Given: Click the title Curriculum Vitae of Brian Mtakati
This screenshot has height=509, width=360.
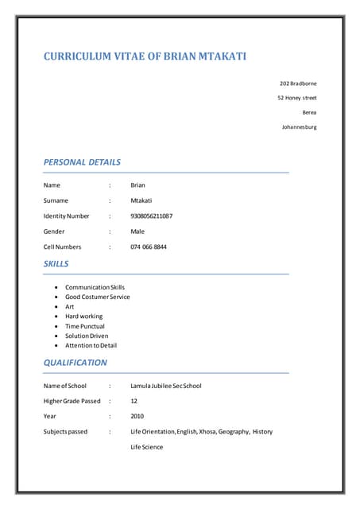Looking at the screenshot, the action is pos(144,56).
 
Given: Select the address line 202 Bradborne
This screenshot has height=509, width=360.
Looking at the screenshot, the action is pos(298,84).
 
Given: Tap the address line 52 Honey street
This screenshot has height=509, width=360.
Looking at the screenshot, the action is pos(296,98).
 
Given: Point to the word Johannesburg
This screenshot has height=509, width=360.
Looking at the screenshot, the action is pos(299,126).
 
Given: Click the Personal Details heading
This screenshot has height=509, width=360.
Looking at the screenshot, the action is pos(82,162).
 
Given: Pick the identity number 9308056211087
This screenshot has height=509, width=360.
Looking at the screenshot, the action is pos(152,216).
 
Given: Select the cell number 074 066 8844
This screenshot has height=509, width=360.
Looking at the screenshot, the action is pos(149,247).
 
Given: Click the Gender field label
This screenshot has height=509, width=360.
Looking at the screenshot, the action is pos(54,231).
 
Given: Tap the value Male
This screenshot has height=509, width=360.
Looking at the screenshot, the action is pos(137,231).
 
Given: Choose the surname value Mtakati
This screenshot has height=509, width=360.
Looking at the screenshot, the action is pos(141,200).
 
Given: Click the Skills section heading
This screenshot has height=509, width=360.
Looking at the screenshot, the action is pos(56,263).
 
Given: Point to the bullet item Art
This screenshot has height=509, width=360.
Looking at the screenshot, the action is pos(70,306).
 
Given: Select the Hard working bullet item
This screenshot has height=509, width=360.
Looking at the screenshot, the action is pos(83,316).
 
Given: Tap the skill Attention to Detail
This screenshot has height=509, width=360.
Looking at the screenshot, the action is pos(91,345).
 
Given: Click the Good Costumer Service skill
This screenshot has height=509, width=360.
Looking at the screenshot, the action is pos(97,297).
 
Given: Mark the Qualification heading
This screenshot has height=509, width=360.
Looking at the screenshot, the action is pos(75,363).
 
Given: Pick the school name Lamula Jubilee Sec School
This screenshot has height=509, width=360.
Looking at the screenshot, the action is pos(165,386).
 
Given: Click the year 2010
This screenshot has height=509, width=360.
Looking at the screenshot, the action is pos(137,416).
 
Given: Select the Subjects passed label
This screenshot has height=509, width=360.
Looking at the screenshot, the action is pos(65,432).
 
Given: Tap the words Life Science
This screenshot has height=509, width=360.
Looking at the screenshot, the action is pos(146,447).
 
